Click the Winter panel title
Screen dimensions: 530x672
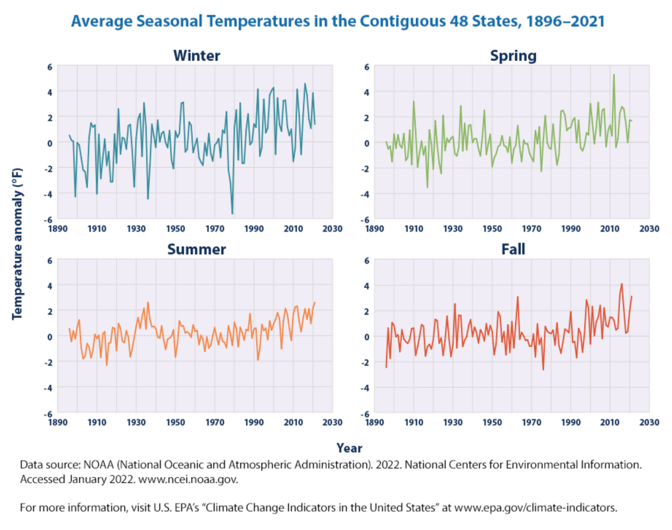tap(197, 56)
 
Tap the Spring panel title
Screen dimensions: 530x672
tap(513, 56)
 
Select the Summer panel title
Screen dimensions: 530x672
tap(197, 249)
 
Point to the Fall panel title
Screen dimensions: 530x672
tap(513, 249)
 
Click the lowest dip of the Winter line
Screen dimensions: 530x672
tap(232, 214)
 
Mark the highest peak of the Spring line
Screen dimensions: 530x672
tap(614, 75)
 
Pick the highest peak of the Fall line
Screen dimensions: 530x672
tap(622, 284)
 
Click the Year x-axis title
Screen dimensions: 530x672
tap(349, 448)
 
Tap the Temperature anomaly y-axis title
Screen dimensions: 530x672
tap(17, 244)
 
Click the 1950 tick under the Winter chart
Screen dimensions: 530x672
tap(175, 229)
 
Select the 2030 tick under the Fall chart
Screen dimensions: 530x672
tap(649, 422)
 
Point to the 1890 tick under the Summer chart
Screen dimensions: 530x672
tap(58, 422)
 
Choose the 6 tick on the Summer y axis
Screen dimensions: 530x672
tap(50, 261)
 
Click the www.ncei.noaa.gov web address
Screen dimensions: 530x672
tap(188, 479)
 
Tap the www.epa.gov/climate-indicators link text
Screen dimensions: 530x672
tap(535, 508)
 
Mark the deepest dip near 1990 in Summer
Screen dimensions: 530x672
tap(258, 360)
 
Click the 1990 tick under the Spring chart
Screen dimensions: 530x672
tap(570, 229)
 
